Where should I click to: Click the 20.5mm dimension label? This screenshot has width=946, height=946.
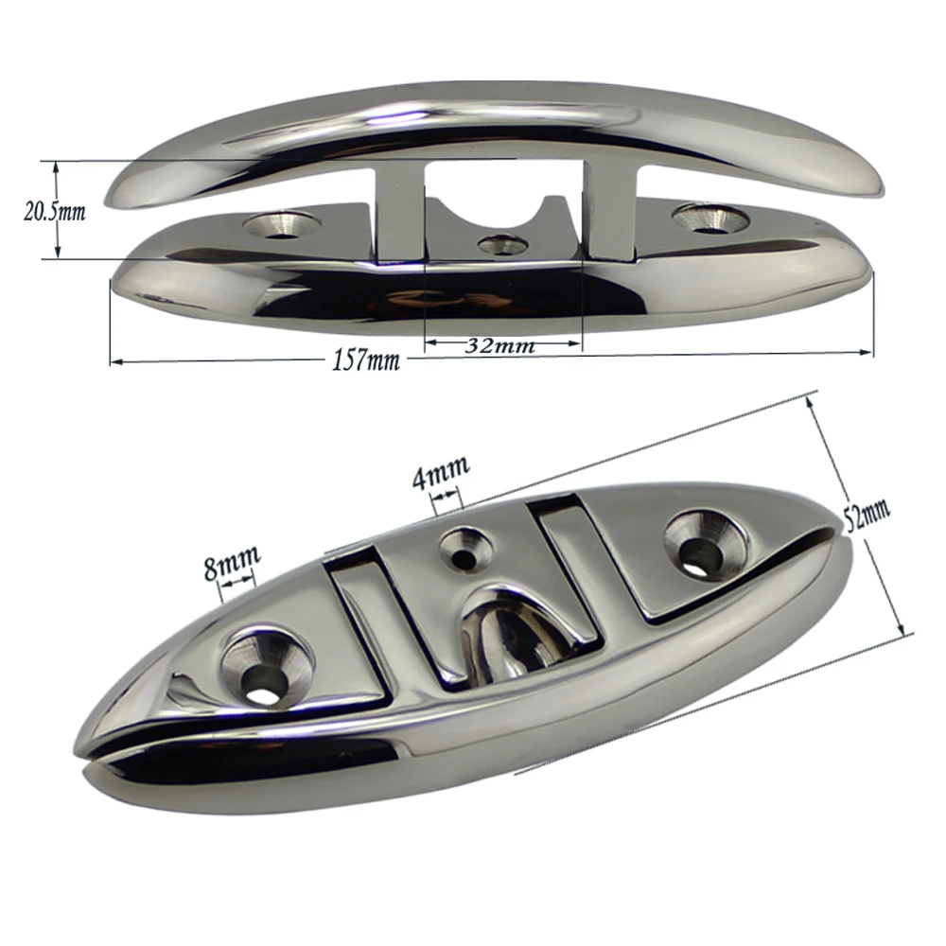tap(54, 211)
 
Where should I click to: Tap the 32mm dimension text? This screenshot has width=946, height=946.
tap(500, 345)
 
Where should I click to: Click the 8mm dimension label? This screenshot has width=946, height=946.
tap(232, 569)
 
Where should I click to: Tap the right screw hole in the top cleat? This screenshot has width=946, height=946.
tap(705, 216)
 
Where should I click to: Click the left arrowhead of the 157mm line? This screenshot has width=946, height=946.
tap(115, 360)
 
